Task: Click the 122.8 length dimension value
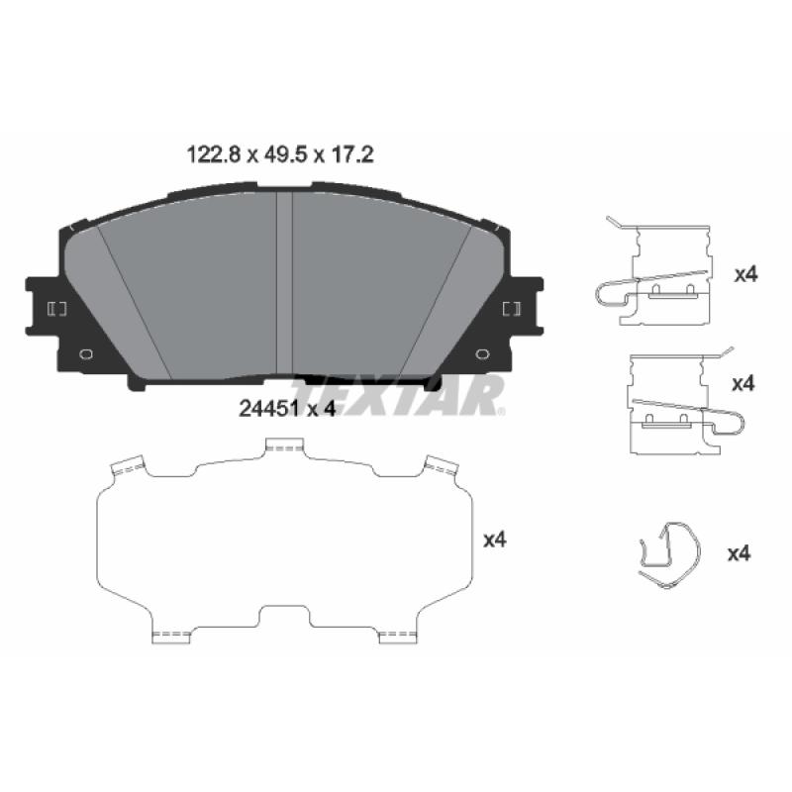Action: coord(213,154)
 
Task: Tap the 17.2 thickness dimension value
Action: coord(352,154)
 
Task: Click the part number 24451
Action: coord(269,409)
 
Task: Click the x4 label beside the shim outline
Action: coord(494,540)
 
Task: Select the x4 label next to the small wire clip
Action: coord(739,553)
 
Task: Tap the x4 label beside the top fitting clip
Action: coord(745,275)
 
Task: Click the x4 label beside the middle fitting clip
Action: coord(743,384)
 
